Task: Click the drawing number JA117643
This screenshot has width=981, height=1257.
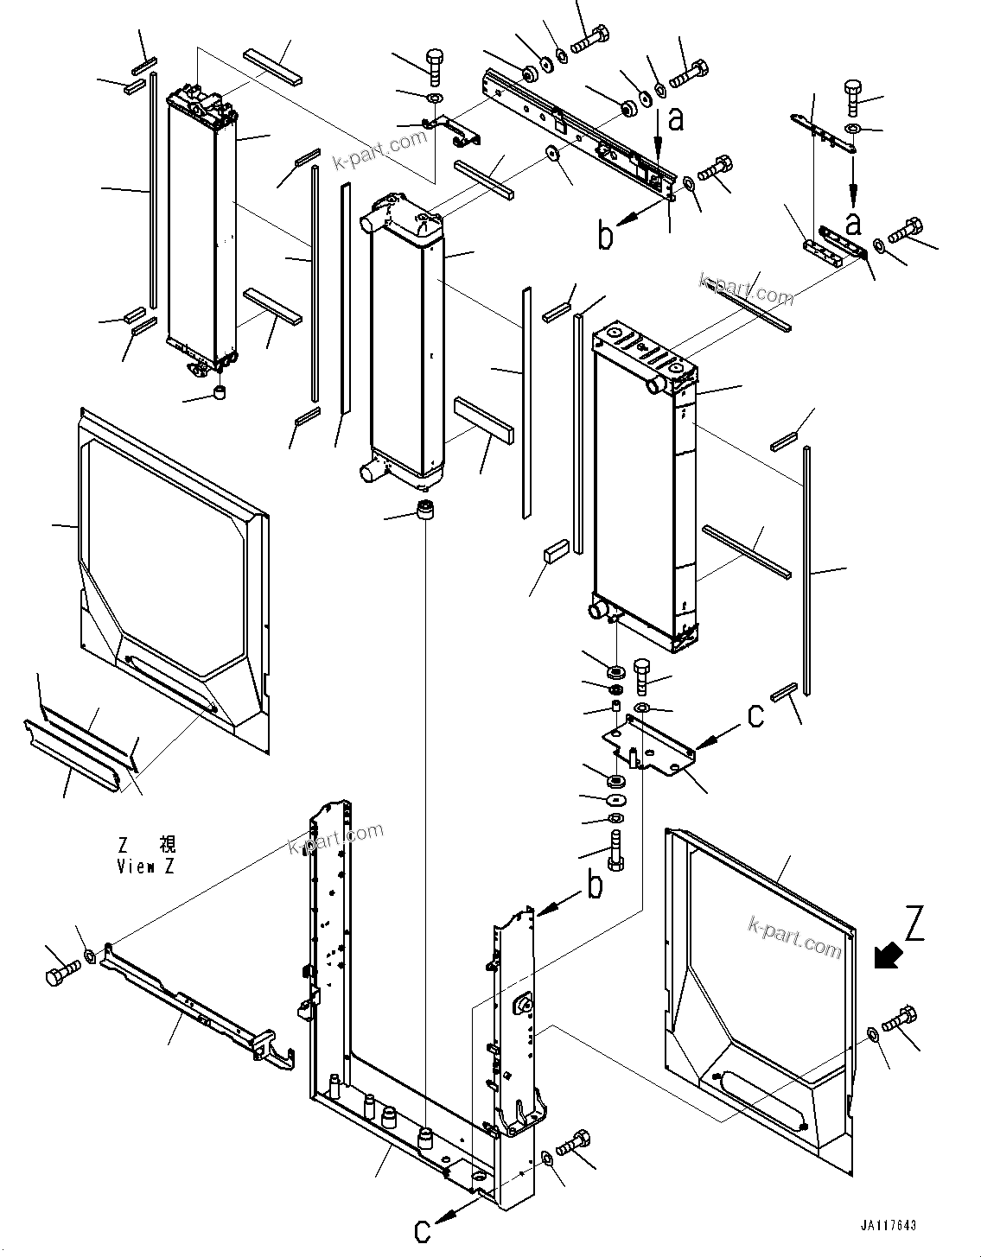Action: [888, 1226]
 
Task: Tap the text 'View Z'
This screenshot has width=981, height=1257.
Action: [145, 867]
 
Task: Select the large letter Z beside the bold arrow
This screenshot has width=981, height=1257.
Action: [915, 924]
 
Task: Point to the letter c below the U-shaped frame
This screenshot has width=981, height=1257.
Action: [423, 1229]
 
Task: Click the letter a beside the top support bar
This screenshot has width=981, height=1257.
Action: [676, 118]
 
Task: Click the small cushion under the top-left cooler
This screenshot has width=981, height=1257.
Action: [221, 395]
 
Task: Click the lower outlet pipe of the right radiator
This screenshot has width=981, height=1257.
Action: [599, 613]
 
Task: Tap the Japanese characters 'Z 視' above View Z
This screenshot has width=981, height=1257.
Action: [145, 846]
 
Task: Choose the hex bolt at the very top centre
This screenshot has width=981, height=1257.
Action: [590, 38]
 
